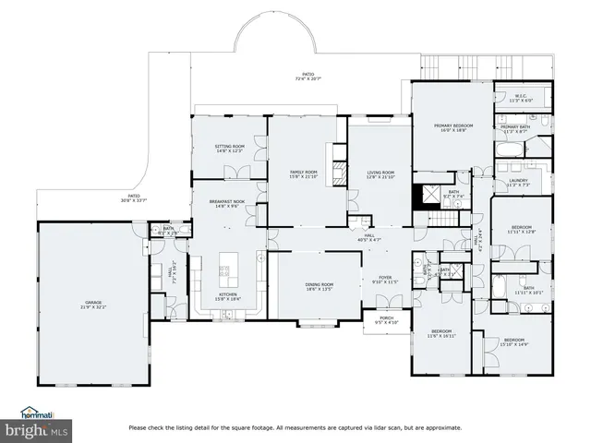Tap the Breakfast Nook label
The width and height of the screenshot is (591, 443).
(x=227, y=204)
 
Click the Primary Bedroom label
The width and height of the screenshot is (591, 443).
(x=454, y=126)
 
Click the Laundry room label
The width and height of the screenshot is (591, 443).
(x=518, y=182)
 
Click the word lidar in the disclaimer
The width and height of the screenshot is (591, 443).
(x=368, y=428)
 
